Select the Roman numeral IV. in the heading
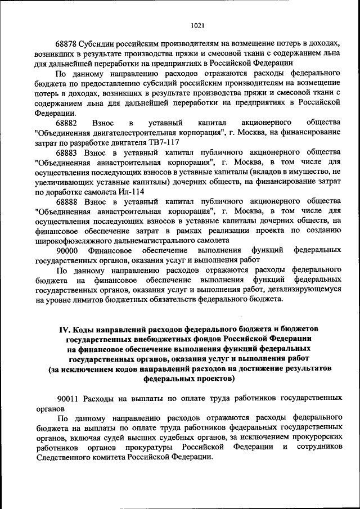(66, 328)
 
